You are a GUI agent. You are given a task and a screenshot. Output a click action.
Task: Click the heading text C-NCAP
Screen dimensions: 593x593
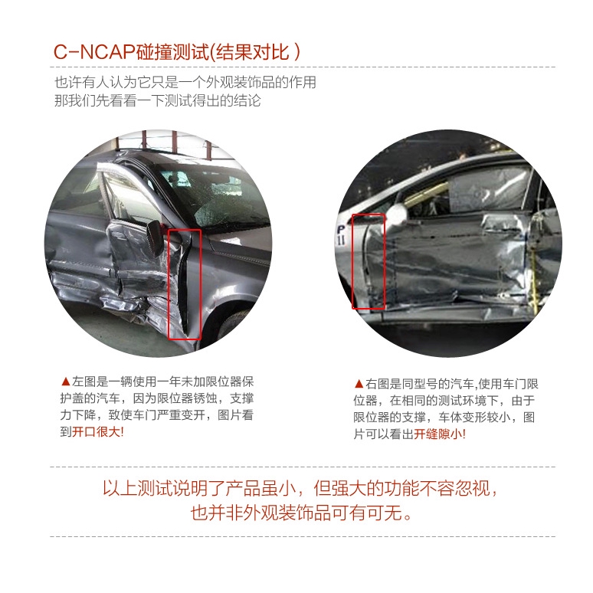pyautogui.click(x=94, y=52)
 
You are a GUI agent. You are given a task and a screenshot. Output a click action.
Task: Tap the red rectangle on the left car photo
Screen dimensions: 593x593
pyautogui.click(x=169, y=283)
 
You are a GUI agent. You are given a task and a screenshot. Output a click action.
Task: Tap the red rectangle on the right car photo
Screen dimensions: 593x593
pyautogui.click(x=352, y=261)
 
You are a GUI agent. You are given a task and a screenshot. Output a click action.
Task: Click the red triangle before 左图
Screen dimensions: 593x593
pyautogui.click(x=65, y=382)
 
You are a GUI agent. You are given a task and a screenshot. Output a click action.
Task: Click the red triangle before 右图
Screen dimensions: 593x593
pyautogui.click(x=359, y=384)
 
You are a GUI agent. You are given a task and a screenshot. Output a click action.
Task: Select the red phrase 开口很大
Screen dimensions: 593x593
pyautogui.click(x=96, y=431)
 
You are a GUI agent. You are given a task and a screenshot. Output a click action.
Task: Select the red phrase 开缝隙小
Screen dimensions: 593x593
pyautogui.click(x=438, y=434)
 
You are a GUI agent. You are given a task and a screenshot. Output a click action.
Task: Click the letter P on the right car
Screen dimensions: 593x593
pyautogui.click(x=341, y=230)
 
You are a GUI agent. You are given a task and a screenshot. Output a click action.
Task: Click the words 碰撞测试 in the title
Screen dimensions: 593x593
pyautogui.click(x=172, y=52)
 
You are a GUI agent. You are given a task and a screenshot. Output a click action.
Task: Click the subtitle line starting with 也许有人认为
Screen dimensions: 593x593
pyautogui.click(x=185, y=82)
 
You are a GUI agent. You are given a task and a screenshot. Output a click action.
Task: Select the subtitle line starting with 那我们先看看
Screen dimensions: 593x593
pyautogui.click(x=157, y=100)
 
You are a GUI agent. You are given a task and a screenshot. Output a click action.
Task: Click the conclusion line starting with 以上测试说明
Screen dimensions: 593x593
pyautogui.click(x=300, y=488)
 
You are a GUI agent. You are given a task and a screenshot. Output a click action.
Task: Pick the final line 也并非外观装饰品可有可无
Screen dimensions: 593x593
pyautogui.click(x=300, y=513)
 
